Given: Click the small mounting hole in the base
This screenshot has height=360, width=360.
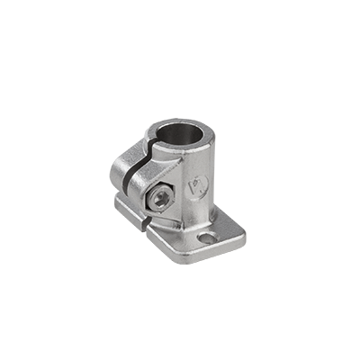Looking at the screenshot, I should [209, 238].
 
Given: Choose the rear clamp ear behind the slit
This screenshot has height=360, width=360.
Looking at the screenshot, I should [125, 171].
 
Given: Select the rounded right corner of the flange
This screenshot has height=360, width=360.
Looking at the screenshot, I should [238, 236].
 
